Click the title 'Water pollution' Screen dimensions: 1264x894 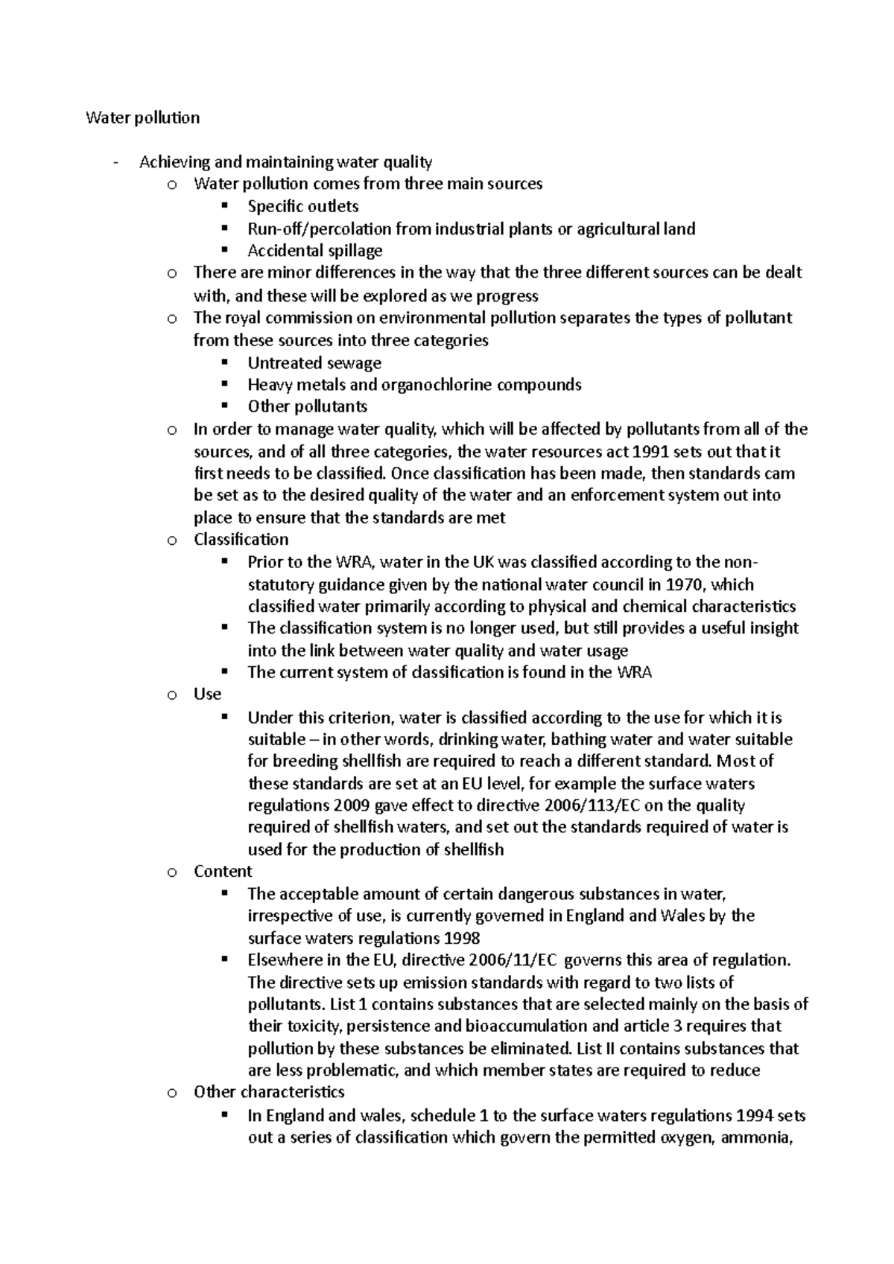coord(142,118)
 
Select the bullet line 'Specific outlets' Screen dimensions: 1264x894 coord(302,206)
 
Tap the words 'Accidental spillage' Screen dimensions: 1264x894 coord(314,250)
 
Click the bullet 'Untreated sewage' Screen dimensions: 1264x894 coord(314,363)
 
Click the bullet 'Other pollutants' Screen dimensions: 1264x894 coord(307,406)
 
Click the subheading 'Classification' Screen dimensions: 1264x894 coord(241,539)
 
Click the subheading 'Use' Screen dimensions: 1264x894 coord(207,694)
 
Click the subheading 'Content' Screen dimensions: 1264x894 coord(222,871)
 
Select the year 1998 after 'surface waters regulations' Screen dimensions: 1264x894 coord(460,938)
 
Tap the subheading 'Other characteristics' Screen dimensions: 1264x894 coord(268,1091)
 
